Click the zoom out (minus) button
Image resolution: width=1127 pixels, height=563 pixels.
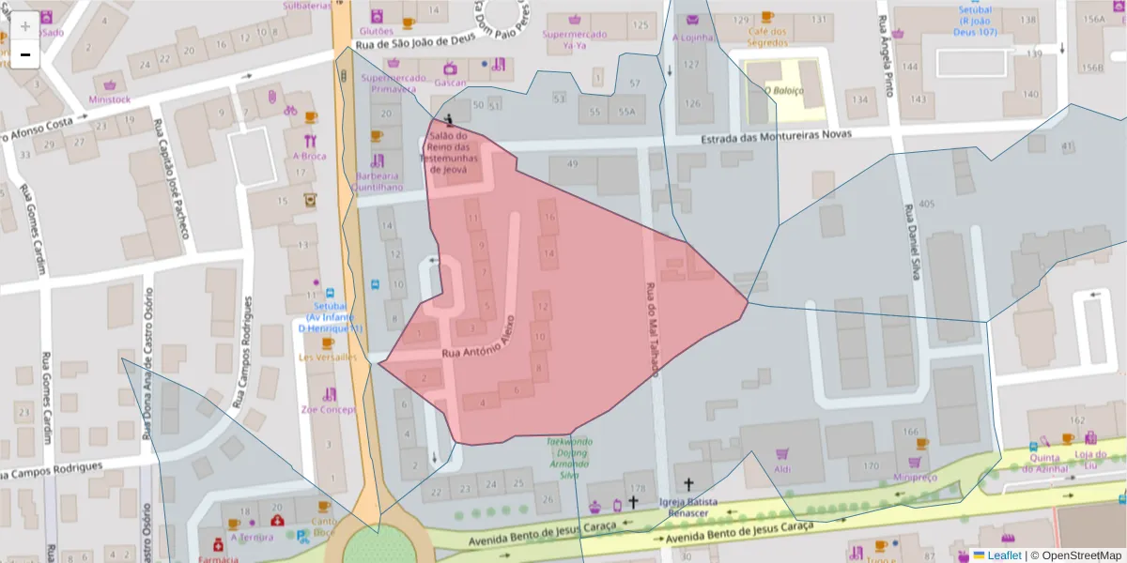coord(25,55)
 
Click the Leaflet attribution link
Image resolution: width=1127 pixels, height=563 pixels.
coord(996,555)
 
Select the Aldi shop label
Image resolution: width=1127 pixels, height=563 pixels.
coord(781,468)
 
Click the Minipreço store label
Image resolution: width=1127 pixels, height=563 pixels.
coord(915,477)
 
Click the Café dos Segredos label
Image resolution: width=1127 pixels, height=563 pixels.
coord(767,36)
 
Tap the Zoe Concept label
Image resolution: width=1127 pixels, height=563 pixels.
coord(328,409)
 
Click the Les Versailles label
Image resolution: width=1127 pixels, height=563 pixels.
coord(328,357)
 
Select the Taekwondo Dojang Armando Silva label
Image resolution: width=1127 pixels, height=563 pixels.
coord(569,458)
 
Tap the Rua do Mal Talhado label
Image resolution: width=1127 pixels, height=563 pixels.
coord(650,330)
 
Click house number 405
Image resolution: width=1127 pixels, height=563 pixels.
coord(926,204)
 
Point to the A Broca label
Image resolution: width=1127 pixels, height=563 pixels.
coord(309,156)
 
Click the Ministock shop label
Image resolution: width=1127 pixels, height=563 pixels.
coord(110,99)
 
